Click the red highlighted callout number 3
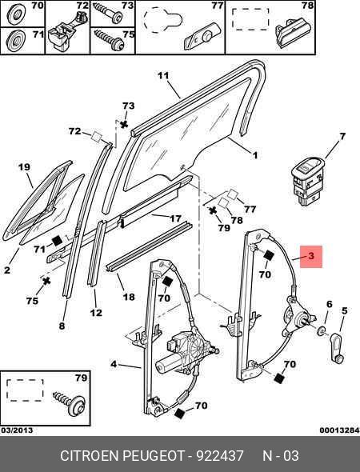[311, 256]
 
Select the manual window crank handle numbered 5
[338, 348]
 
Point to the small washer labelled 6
[322, 330]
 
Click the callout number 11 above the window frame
[163, 75]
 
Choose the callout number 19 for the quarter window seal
[24, 166]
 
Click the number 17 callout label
[175, 218]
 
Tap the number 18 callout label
[129, 297]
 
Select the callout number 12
[96, 313]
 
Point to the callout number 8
[62, 326]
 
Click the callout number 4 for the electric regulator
[114, 364]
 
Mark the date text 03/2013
[17, 430]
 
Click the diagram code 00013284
[339, 430]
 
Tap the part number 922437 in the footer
[220, 455]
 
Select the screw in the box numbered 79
[70, 402]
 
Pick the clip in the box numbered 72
[66, 30]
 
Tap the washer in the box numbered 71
[16, 42]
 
